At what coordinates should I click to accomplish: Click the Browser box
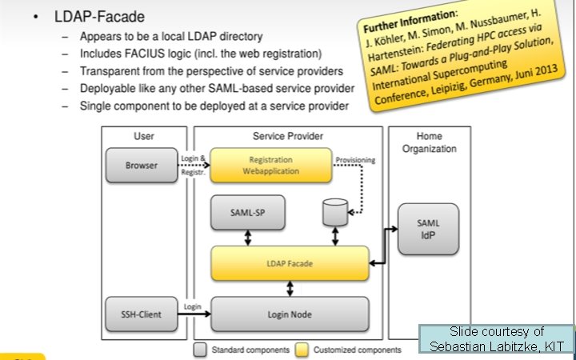[x=141, y=166]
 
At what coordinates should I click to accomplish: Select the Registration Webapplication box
[x=270, y=165]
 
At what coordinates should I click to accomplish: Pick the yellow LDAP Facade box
[x=290, y=263]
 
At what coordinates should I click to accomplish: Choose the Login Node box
[x=290, y=314]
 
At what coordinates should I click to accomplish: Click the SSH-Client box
[x=141, y=314]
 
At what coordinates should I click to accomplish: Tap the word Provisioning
[x=354, y=158]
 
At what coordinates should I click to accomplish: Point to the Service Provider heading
[x=288, y=137]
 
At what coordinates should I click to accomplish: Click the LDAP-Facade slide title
[x=99, y=17]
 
